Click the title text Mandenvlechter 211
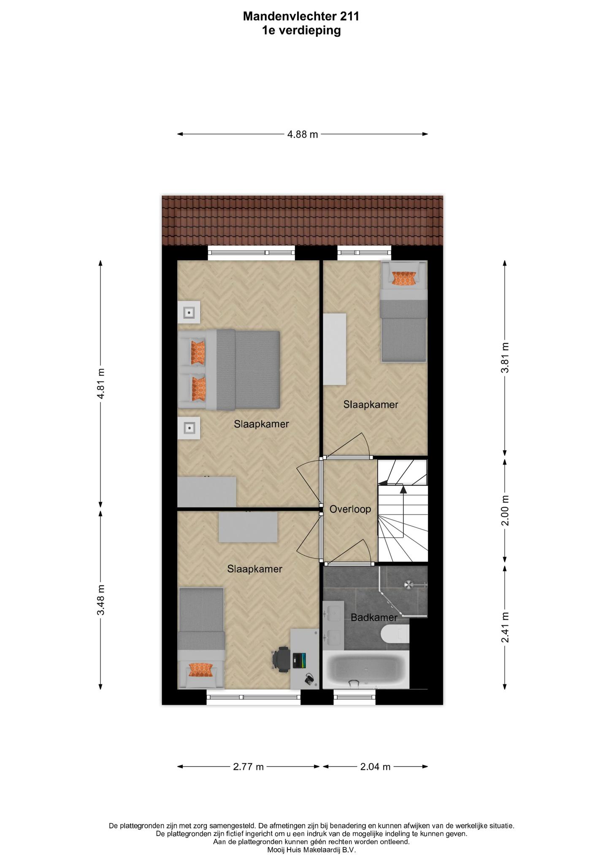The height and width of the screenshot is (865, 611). tap(301, 16)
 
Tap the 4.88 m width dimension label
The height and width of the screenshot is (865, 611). tap(302, 135)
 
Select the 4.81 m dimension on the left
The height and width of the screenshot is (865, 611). tap(100, 384)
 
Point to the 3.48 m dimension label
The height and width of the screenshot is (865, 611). tap(100, 600)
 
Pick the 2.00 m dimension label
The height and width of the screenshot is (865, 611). tap(505, 510)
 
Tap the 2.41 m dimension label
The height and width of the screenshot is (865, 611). tap(505, 627)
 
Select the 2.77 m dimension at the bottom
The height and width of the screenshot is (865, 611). tap(249, 767)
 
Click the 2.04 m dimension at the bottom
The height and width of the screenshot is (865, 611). tap(375, 767)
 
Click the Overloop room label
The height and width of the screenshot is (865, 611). tap(350, 509)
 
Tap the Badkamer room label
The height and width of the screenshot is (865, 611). tap(374, 617)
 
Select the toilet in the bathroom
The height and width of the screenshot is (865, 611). tap(395, 634)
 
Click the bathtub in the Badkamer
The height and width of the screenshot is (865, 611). tap(366, 669)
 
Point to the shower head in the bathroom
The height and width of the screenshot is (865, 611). tap(409, 585)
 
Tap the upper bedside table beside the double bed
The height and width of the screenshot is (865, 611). tap(189, 313)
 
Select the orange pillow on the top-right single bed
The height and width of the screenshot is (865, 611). tap(404, 278)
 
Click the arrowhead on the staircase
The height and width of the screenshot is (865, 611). tap(403, 490)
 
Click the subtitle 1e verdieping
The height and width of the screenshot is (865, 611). tap(301, 30)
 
